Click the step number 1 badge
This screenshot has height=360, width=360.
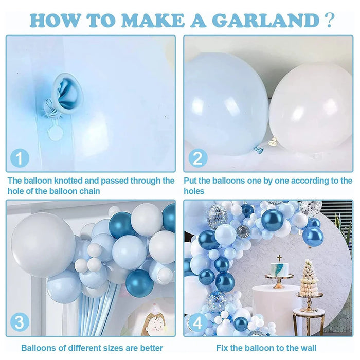click(20, 158)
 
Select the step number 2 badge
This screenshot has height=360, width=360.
click(197, 158)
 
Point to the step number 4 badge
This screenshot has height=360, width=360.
click(196, 323)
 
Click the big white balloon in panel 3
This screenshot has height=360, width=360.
click(44, 244)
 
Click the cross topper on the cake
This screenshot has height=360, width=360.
click(279, 258)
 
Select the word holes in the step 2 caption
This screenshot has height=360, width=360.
click(194, 191)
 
